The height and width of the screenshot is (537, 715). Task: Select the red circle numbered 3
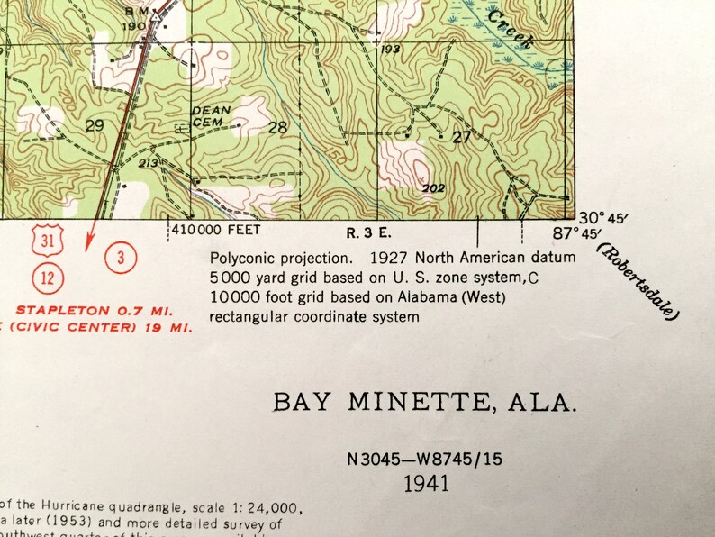(121, 259)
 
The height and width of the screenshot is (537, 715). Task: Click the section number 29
(94, 126)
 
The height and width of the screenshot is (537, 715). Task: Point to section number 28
(278, 127)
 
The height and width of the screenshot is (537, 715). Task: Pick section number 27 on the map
(461, 137)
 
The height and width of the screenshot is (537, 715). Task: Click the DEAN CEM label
(211, 115)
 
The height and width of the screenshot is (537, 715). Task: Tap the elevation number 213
(149, 163)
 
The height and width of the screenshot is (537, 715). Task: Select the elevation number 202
(434, 188)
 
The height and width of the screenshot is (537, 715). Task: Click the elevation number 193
(390, 49)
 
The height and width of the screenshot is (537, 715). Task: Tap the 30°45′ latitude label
(601, 218)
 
